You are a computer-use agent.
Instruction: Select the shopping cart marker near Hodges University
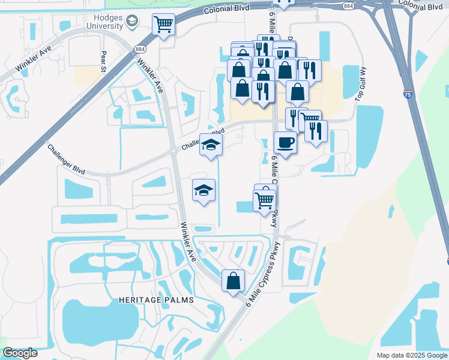click(x=163, y=25)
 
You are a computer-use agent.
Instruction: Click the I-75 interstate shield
click(x=408, y=94)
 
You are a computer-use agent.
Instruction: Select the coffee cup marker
click(x=285, y=143)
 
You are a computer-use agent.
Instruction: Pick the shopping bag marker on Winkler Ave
click(x=233, y=281)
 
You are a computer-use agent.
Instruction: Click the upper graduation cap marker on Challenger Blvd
click(x=211, y=145)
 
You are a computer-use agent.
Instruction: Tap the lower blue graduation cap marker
click(x=203, y=190)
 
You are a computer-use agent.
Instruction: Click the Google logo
click(x=20, y=353)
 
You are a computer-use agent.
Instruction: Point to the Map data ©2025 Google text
click(x=411, y=355)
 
